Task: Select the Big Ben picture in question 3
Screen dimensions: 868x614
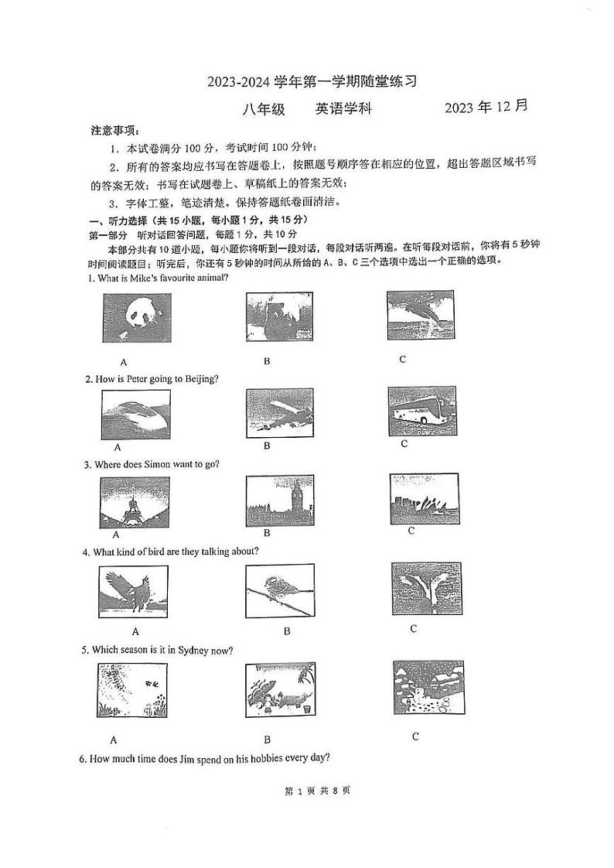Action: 278,501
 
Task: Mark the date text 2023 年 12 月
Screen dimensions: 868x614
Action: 486,108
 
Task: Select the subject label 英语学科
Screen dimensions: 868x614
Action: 344,109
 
